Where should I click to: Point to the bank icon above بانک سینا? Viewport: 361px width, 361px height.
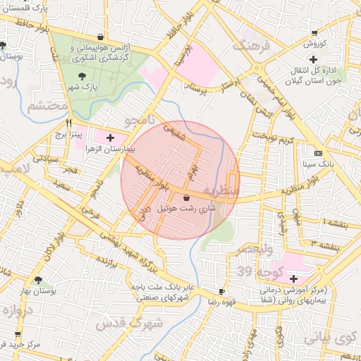[318, 153]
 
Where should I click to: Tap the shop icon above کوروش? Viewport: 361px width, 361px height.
[314, 33]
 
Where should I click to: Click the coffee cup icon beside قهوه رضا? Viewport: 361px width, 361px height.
[222, 291]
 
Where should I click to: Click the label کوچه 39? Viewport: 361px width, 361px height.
[255, 272]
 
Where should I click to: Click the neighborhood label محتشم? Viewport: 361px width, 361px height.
[47, 106]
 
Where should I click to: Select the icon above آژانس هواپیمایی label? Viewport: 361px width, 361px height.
[103, 37]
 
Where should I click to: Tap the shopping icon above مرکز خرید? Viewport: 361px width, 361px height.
[18, 334]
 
